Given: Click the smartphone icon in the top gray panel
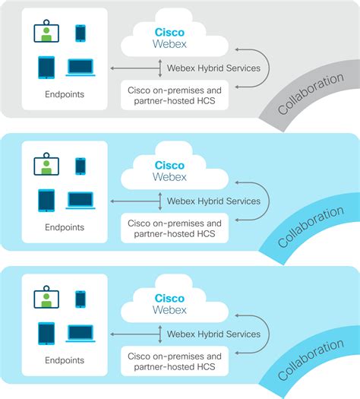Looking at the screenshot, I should (x=81, y=33).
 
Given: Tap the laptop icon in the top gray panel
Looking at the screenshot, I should (x=80, y=68).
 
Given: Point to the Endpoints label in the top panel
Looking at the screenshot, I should (x=65, y=94).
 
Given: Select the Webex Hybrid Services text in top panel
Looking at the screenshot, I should (x=213, y=68).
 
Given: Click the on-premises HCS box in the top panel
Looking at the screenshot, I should (x=175, y=96).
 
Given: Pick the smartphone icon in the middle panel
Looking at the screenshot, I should (x=81, y=166).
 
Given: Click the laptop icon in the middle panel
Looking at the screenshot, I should (x=80, y=201).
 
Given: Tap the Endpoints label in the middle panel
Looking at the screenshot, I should (x=65, y=226).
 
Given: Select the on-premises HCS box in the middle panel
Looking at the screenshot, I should (x=175, y=229).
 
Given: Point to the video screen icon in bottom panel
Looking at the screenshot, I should (x=47, y=298).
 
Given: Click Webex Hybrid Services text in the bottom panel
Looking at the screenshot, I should (x=213, y=334).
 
